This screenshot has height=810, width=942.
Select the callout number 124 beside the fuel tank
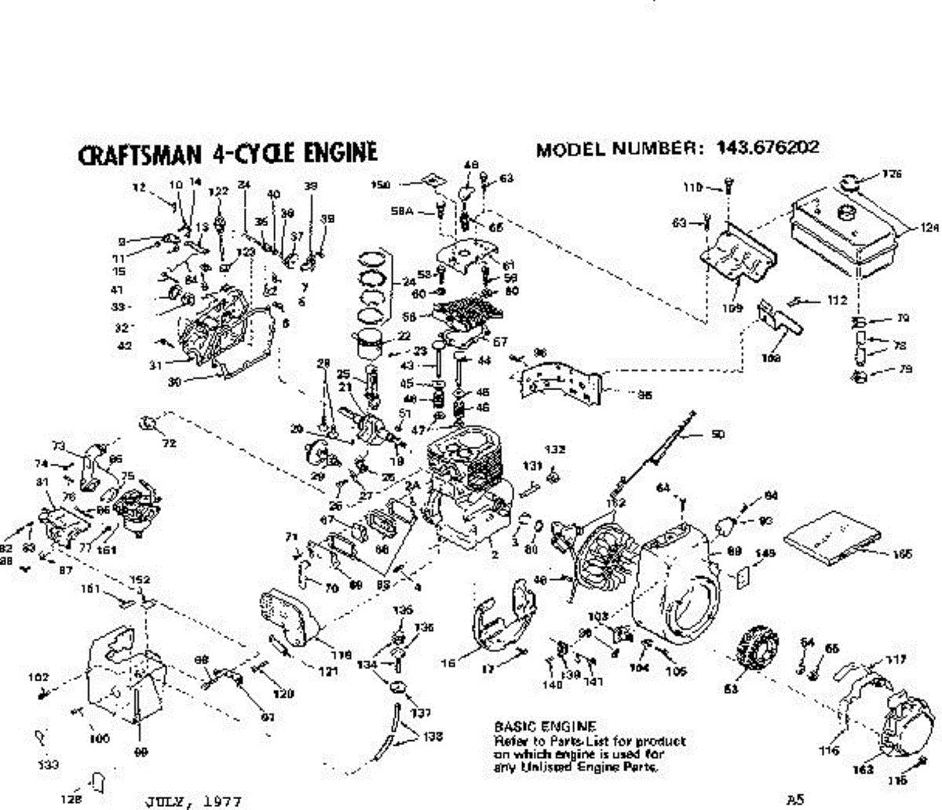click(929, 229)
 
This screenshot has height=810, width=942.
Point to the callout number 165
click(902, 555)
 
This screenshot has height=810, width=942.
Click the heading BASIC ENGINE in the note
click(545, 727)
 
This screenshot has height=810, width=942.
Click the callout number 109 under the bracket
click(732, 308)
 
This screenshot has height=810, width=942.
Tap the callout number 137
click(422, 713)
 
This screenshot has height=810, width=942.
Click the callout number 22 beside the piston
click(404, 336)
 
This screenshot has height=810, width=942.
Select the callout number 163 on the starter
click(863, 770)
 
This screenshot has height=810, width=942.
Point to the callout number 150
click(381, 184)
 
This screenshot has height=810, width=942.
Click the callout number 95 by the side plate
click(644, 396)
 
